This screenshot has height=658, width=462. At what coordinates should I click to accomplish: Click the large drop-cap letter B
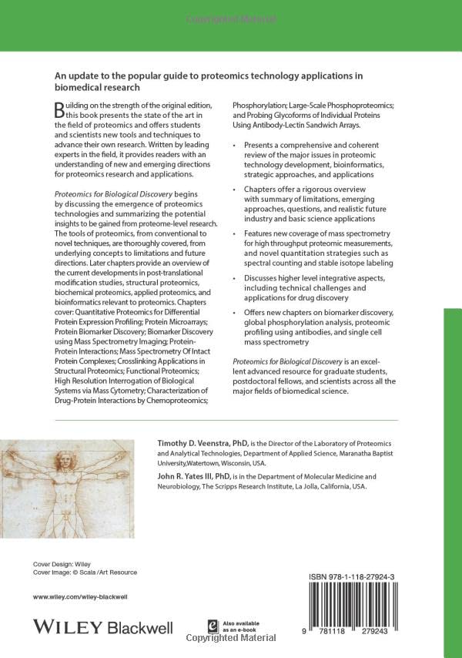pos(60,111)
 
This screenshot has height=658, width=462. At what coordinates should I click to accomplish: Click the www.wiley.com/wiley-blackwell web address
pos(80,597)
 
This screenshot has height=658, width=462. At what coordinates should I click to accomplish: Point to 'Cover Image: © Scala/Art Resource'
pos(85,572)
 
